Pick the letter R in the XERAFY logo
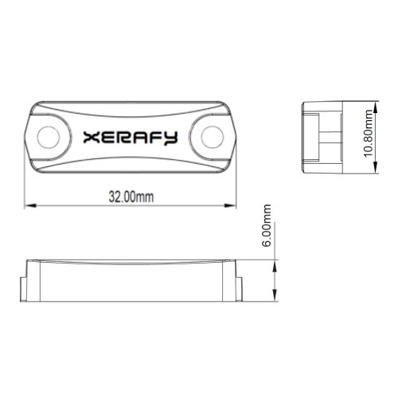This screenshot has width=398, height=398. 126,138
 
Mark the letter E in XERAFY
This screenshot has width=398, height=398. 108,138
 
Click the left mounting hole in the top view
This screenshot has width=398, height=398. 50,137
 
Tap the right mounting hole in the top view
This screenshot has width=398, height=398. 213,137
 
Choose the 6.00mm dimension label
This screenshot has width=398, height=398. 267,225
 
